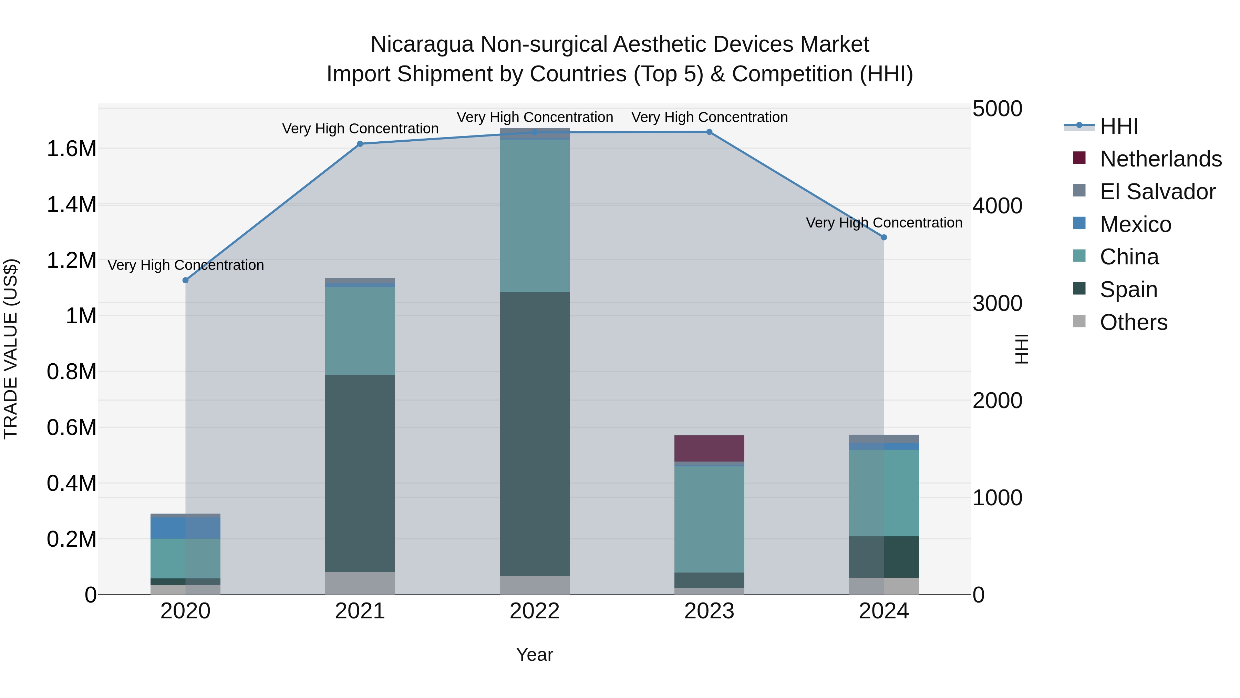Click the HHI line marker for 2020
[x=185, y=280]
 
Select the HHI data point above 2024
[x=884, y=237]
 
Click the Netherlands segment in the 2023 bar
[x=709, y=448]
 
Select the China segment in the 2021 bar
[x=360, y=331]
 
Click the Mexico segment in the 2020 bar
[x=185, y=528]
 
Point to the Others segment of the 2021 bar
[x=360, y=583]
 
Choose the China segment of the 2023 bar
[x=709, y=519]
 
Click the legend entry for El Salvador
[x=1157, y=192]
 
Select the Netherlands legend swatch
[x=1079, y=158]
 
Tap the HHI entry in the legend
[x=1119, y=126]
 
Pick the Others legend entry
[x=1133, y=322]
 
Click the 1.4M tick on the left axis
[x=71, y=205]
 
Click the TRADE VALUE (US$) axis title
[x=11, y=349]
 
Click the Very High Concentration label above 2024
[x=884, y=223]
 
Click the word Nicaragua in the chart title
[x=422, y=45]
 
